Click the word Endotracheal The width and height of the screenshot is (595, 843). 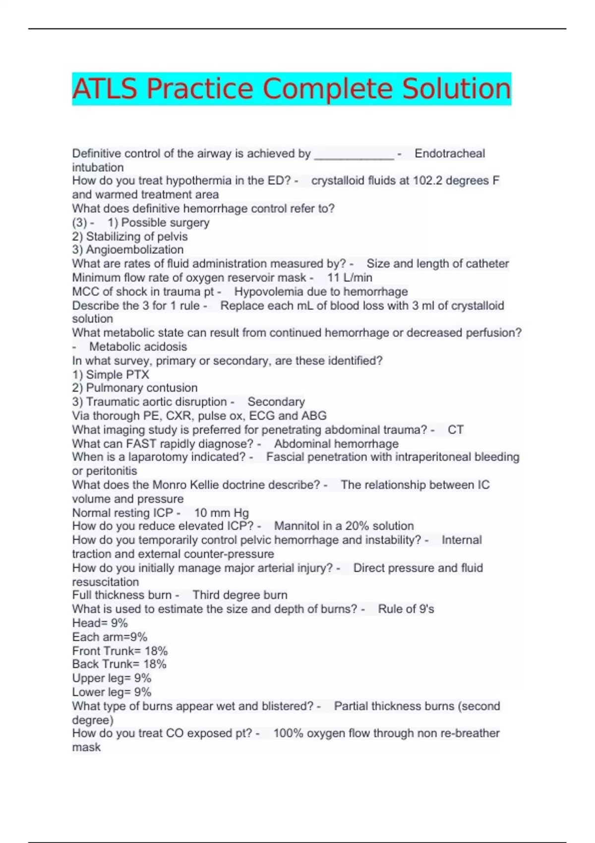point(450,154)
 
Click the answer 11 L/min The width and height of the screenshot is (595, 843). point(350,277)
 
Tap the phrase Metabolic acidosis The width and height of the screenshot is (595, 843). point(138,347)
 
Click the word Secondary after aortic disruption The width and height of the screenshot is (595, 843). point(276,402)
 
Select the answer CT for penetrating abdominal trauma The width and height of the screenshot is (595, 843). point(456,429)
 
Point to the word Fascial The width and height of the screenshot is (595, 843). point(286,457)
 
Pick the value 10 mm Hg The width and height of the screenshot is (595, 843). point(221,513)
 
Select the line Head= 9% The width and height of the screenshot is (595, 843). point(100,623)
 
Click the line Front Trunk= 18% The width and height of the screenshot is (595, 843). point(120,651)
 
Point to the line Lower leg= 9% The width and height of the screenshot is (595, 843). point(112,692)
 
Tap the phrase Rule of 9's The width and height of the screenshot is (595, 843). point(406,609)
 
